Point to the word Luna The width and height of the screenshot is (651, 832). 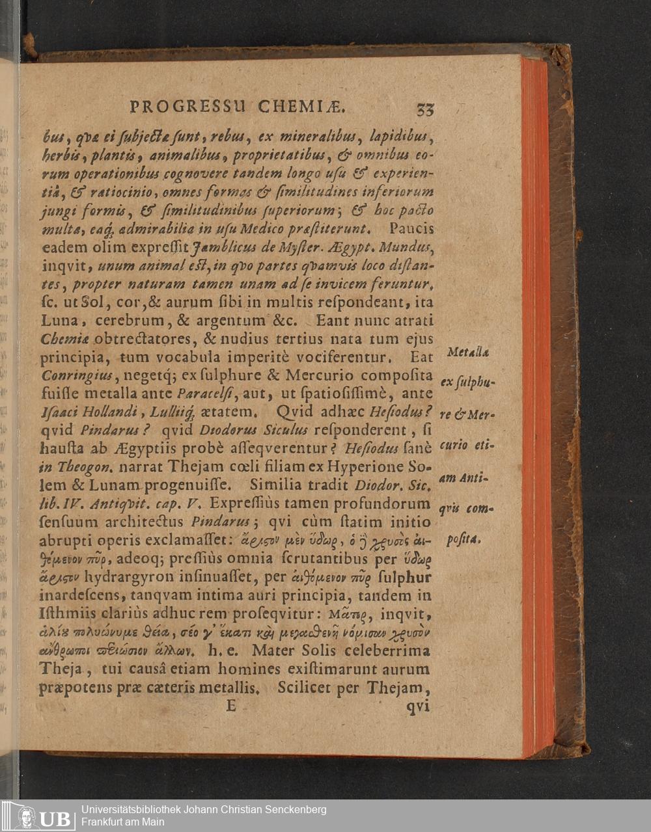coord(59,321)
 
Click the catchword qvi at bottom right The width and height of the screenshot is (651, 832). coord(418,706)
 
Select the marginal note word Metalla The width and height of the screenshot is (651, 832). coord(469,352)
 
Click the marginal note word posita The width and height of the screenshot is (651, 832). coord(464,540)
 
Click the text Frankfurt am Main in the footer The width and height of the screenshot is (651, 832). coord(122,822)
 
